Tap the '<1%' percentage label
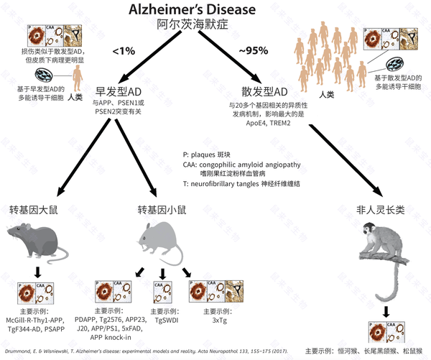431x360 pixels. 123,52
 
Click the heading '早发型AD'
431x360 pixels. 121,93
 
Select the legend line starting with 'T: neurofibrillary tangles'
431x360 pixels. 241,184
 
